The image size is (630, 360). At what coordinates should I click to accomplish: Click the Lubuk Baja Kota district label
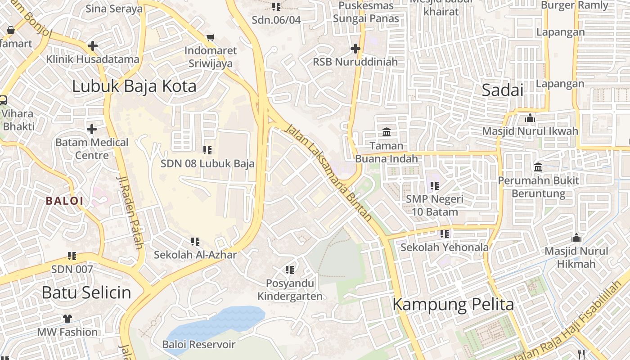click(x=134, y=86)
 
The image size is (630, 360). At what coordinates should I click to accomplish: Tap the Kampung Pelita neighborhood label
click(x=453, y=305)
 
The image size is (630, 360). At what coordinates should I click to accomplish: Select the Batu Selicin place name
click(x=86, y=292)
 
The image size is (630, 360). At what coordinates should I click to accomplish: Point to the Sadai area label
click(x=503, y=90)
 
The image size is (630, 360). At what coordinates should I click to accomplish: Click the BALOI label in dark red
click(x=65, y=201)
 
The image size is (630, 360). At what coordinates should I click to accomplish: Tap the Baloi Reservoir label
click(x=198, y=345)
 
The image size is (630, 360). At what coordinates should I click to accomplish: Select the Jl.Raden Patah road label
click(x=130, y=211)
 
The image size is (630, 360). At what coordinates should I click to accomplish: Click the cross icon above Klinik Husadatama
click(x=93, y=45)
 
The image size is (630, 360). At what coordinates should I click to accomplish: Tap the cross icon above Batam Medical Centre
click(x=92, y=129)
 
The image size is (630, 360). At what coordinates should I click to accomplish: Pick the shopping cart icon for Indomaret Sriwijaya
click(x=210, y=37)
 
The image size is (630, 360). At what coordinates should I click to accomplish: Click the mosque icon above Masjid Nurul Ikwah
click(x=530, y=118)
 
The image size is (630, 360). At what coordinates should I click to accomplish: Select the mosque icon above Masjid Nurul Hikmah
click(x=576, y=238)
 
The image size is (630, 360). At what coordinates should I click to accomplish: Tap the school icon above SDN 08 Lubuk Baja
click(x=207, y=150)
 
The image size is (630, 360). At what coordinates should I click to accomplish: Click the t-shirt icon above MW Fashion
click(x=67, y=319)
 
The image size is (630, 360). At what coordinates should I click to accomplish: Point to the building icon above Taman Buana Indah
click(x=387, y=132)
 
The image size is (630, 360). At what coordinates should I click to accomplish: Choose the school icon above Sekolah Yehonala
click(x=445, y=234)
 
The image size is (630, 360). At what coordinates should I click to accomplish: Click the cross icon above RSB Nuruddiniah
click(x=355, y=48)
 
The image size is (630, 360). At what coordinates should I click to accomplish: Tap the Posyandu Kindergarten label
click(x=290, y=290)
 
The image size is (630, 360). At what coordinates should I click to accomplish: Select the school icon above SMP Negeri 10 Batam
click(x=434, y=185)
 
